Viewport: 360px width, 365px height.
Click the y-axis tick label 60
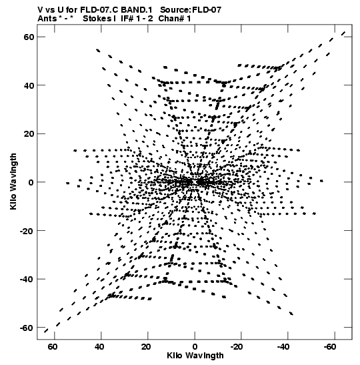point(29,37)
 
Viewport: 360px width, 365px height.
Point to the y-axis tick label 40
point(29,85)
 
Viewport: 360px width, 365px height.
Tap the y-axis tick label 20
point(29,134)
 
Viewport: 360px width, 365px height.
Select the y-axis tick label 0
point(31,182)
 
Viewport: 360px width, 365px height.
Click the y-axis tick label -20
point(27,231)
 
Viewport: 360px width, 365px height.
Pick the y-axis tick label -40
point(27,279)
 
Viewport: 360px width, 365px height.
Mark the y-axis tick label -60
point(27,328)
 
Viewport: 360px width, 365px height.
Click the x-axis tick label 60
point(53,346)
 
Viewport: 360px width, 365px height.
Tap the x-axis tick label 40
point(99,346)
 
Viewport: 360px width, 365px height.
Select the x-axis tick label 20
point(146,346)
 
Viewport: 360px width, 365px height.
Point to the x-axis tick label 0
point(195,346)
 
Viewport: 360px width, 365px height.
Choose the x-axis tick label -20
point(237,346)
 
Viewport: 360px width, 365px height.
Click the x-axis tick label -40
point(283,346)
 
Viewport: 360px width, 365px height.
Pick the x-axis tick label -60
point(330,346)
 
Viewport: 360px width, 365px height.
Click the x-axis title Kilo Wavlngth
point(195,356)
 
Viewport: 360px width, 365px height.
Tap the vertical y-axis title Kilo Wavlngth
point(13,181)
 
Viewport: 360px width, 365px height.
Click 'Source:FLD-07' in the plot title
point(191,10)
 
